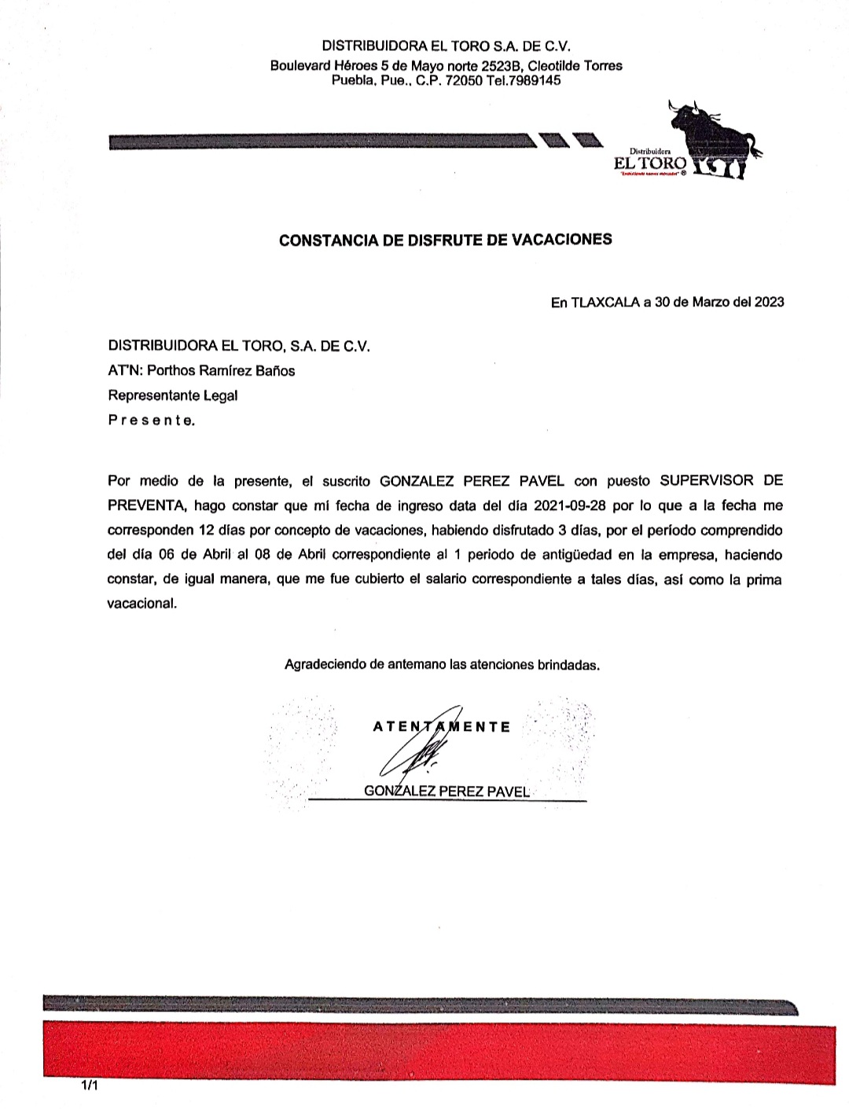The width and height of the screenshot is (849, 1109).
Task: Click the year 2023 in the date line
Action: [x=769, y=302]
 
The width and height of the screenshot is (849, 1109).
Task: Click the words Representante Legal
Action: [x=172, y=395]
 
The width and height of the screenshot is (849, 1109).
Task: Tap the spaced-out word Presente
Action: [x=151, y=420]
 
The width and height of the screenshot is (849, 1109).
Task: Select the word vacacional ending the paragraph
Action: [x=142, y=605]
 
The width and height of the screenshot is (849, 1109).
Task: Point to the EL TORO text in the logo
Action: [x=649, y=164]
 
